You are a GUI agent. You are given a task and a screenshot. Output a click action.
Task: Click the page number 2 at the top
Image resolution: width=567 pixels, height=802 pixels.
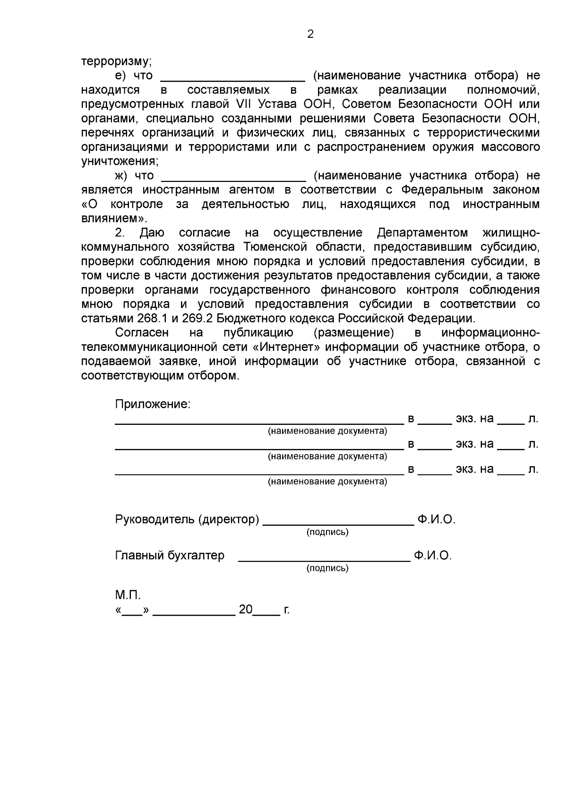[x=310, y=34]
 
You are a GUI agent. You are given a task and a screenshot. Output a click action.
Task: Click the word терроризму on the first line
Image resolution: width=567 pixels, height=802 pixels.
[x=116, y=61]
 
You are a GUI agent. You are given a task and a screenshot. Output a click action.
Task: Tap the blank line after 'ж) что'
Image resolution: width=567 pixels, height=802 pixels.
[x=234, y=180]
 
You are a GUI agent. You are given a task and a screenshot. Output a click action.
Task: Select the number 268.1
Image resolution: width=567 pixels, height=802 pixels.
[x=149, y=318]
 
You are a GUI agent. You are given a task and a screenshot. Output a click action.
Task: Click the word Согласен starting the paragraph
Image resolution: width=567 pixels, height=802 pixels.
[x=142, y=332]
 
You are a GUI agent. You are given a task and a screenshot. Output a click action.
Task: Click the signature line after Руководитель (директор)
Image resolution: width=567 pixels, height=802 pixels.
[x=338, y=524]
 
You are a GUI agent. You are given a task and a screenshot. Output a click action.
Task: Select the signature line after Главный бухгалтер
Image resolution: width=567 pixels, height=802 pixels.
[x=324, y=560]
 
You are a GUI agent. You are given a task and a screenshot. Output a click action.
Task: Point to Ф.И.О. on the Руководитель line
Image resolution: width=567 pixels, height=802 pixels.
[x=436, y=519]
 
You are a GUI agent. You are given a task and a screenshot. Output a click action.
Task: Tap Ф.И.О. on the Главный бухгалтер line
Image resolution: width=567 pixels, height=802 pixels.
[x=433, y=555]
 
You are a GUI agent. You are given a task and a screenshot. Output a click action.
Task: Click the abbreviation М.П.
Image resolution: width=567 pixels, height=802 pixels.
[x=128, y=595]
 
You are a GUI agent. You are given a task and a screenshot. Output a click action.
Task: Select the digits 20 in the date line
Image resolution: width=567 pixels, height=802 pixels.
[x=246, y=609]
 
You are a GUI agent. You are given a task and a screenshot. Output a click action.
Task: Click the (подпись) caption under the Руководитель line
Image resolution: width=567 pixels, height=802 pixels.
[x=327, y=532]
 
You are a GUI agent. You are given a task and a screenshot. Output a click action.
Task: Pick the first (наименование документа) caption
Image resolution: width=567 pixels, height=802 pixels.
[x=327, y=431]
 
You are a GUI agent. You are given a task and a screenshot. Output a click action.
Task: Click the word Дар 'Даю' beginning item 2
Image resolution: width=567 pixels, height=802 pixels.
[x=152, y=233]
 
